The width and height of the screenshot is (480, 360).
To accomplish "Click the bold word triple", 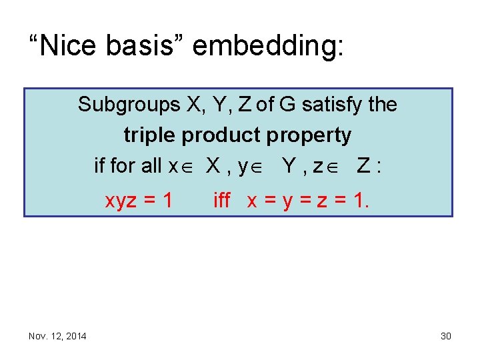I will point(150,135).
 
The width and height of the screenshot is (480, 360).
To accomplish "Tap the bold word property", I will point(311,135).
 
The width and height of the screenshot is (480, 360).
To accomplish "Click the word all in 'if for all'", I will point(156,165).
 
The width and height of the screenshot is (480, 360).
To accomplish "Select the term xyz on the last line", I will point(123,200).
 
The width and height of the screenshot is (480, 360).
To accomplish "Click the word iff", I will point(221,200).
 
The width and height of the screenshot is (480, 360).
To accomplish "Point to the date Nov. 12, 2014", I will point(57,336).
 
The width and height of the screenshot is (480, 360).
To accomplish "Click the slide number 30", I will point(446,336).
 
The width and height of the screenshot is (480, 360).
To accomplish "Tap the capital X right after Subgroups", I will point(193,105).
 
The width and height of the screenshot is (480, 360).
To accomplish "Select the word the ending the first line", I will point(382,105).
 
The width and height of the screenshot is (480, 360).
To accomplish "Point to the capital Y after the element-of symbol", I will point(290,165).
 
